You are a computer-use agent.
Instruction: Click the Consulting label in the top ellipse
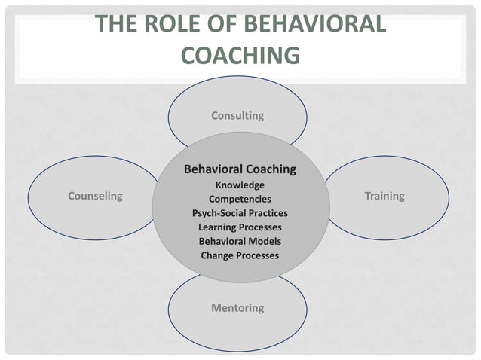(237, 116)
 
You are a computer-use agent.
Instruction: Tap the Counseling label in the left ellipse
(95, 196)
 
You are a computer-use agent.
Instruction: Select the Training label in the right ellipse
(384, 196)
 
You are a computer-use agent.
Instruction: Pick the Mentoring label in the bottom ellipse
(237, 307)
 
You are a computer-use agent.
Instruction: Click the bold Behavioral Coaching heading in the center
(240, 169)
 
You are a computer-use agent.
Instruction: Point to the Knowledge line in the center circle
(240, 185)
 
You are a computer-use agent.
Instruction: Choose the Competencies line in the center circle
(240, 200)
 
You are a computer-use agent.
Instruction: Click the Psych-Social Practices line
(240, 213)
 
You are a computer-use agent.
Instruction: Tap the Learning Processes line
(240, 227)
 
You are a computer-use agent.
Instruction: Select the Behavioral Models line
(240, 241)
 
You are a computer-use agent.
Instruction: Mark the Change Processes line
(240, 255)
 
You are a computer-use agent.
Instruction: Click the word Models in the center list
(264, 241)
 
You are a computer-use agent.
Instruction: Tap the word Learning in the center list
(218, 227)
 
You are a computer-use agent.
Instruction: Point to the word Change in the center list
(217, 255)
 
